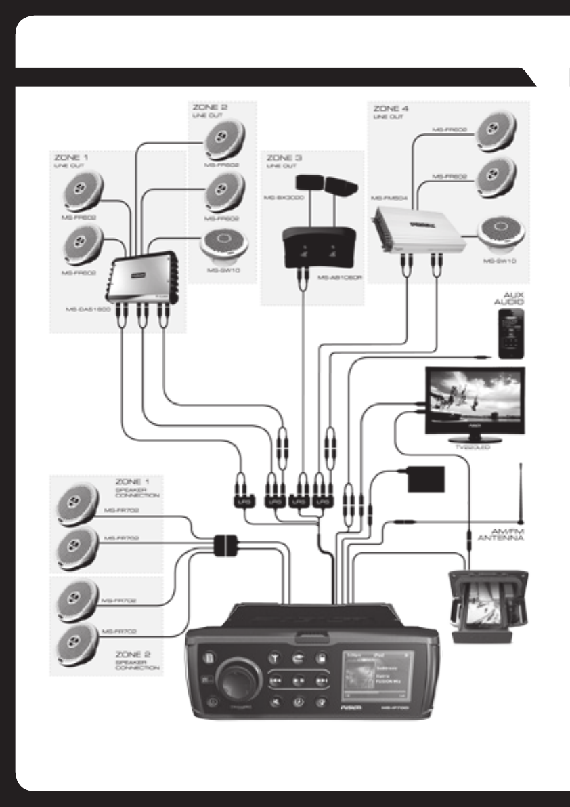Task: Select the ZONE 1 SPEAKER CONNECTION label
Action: [137, 489]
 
